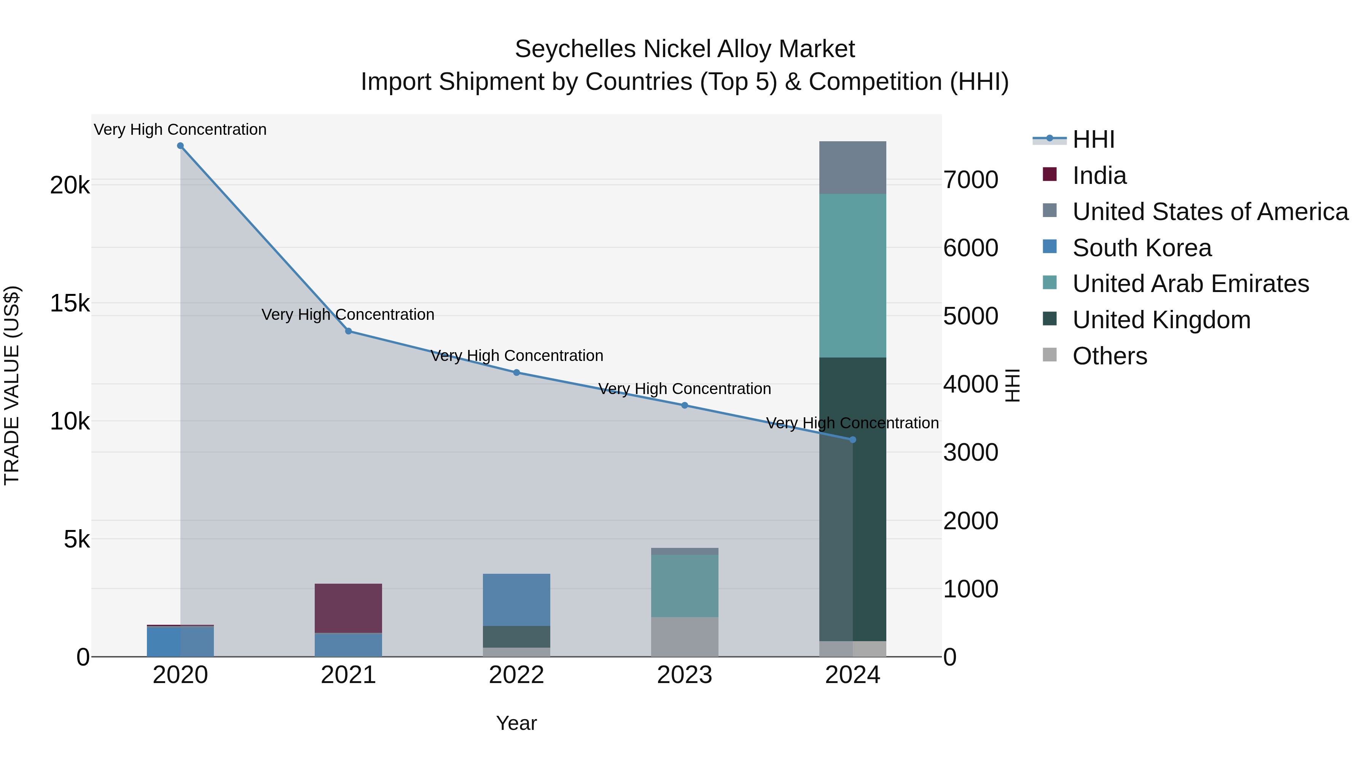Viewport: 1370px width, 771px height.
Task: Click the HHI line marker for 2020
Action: click(x=180, y=146)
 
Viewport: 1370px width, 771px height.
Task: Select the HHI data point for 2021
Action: click(x=348, y=331)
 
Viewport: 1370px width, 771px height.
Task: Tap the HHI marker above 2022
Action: click(x=516, y=372)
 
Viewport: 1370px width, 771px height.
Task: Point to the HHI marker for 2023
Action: click(x=685, y=405)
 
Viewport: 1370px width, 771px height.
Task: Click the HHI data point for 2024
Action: click(x=852, y=439)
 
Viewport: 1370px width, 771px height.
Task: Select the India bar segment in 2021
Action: click(x=348, y=608)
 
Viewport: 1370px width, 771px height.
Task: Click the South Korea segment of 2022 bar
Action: click(x=516, y=600)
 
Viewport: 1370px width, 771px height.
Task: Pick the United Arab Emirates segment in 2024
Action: click(x=852, y=276)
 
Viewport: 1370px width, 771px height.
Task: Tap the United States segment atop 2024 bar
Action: click(x=852, y=168)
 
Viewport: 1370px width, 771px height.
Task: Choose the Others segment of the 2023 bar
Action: click(x=685, y=637)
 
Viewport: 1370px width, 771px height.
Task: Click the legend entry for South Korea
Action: click(x=1142, y=248)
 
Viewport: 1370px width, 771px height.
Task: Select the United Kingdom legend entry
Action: click(x=1161, y=320)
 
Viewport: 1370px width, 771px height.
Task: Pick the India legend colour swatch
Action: click(x=1050, y=174)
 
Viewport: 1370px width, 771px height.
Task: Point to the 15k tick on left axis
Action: click(x=70, y=304)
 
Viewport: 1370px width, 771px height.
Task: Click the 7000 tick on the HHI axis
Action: click(x=970, y=180)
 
